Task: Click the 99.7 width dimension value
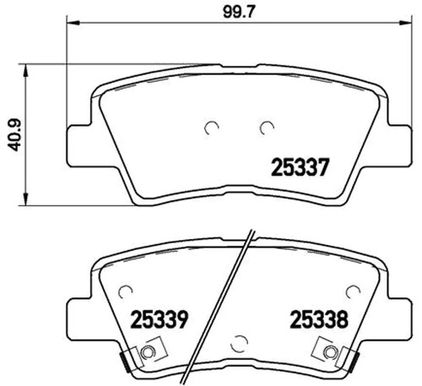[x=239, y=12]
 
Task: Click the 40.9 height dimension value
[x=14, y=135]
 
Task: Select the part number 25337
[x=300, y=167]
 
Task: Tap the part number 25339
[x=159, y=319]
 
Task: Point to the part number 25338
[x=319, y=319]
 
